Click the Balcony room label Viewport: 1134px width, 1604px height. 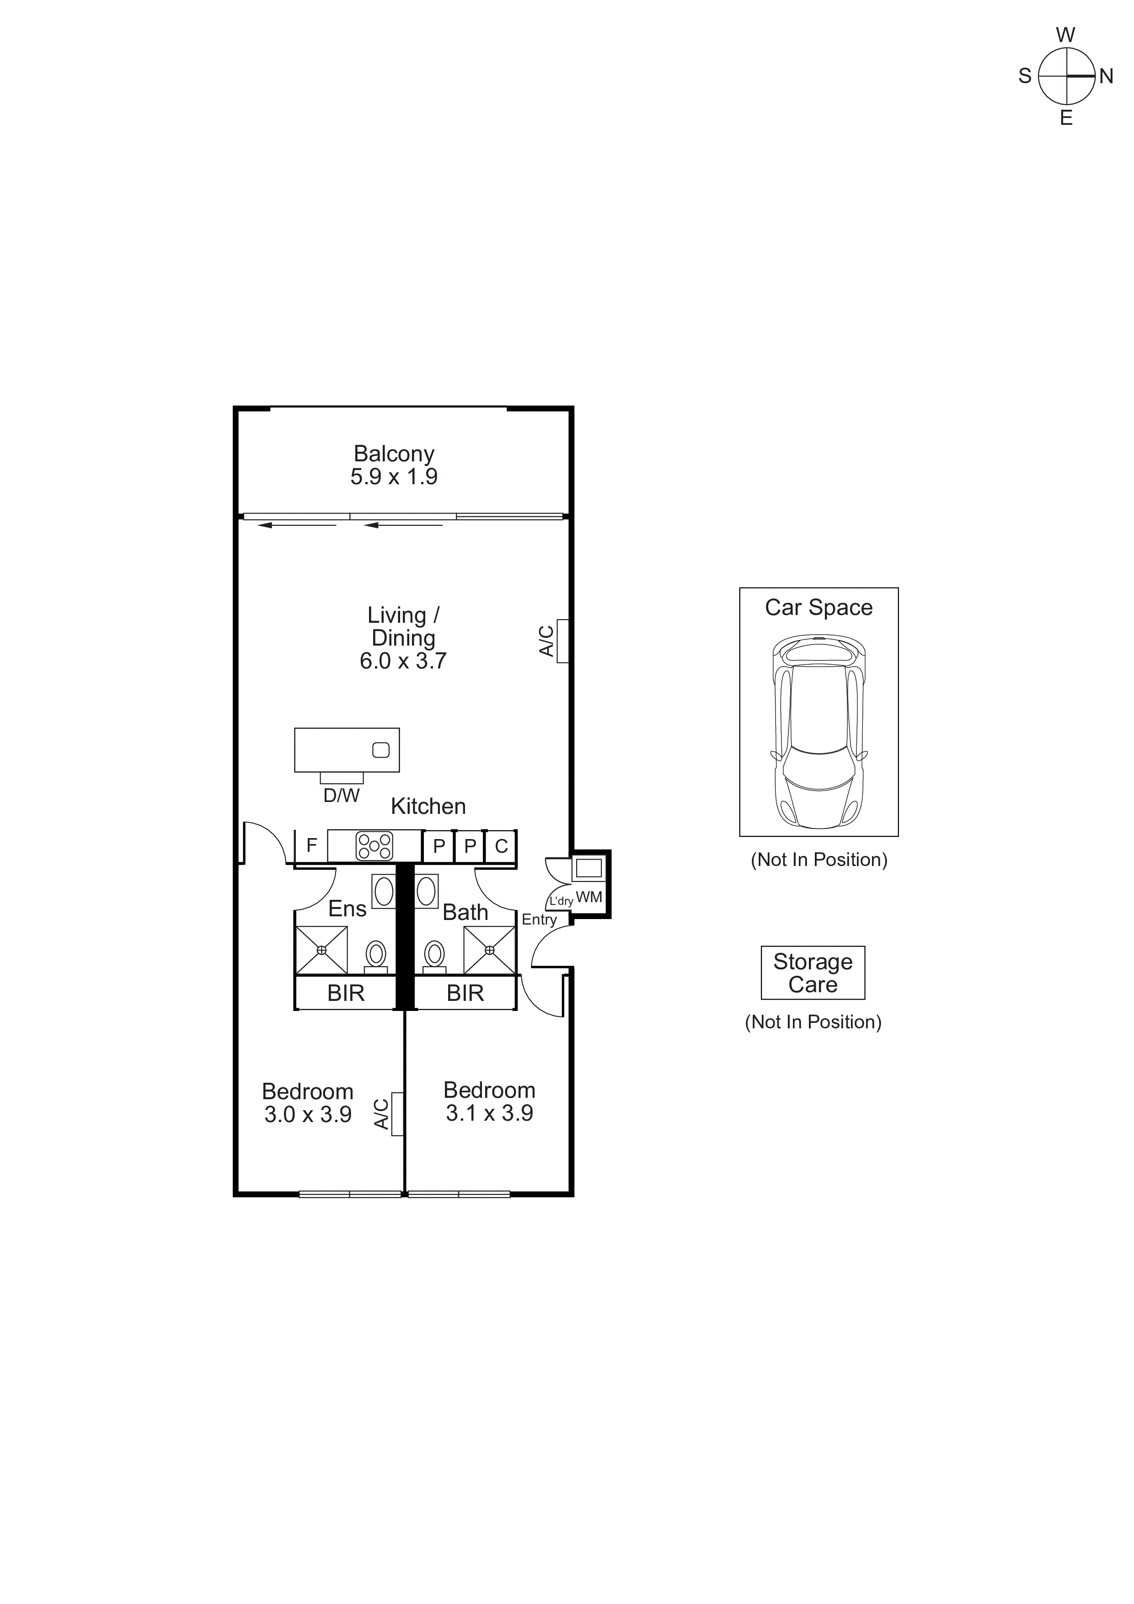[x=394, y=454]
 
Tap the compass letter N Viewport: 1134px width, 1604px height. [x=1106, y=76]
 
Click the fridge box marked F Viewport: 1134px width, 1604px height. [x=312, y=845]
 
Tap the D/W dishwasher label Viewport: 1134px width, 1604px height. [x=341, y=796]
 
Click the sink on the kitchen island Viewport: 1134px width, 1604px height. [x=381, y=750]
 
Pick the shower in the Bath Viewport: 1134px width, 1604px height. [x=490, y=950]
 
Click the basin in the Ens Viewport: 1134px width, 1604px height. [x=384, y=892]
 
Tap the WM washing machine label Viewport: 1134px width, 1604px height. [x=589, y=898]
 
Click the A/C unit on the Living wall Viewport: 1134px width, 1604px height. [x=562, y=641]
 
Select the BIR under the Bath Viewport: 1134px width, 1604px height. [x=465, y=994]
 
